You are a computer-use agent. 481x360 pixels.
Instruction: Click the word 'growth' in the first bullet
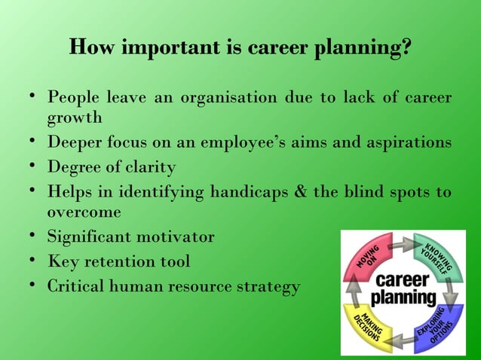[75, 117]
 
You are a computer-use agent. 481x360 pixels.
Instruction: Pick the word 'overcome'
[84, 212]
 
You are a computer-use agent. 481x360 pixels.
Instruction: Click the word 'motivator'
[176, 237]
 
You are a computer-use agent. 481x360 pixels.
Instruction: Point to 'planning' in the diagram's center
[404, 297]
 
